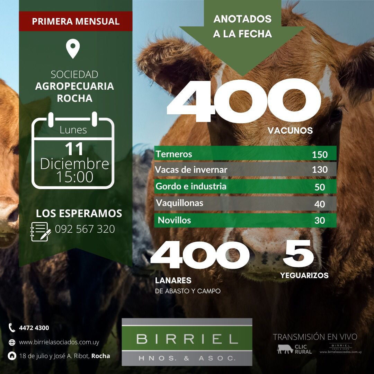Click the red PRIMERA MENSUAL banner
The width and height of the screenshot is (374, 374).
coord(75,21)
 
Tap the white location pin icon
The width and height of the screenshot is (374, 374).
coord(73,49)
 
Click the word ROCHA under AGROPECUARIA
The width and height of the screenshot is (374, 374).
coord(74,98)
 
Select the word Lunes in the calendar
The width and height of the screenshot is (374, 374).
coord(73,130)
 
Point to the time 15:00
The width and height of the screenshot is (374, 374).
coord(74,177)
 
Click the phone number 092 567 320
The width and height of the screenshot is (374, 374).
coord(85,229)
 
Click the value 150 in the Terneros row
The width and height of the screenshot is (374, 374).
coord(319,155)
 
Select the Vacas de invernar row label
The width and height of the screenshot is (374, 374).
coord(191,170)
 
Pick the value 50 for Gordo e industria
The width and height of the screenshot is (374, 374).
coord(320,187)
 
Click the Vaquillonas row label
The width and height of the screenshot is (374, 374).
coord(179,203)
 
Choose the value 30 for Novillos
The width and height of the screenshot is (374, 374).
coord(320,220)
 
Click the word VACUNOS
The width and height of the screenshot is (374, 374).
coord(290,131)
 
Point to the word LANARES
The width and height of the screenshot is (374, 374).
coord(173,280)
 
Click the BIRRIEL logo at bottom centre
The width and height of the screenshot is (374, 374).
coord(187,342)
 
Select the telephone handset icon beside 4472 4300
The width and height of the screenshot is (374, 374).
coord(12,328)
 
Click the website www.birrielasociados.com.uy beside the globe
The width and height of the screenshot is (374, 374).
coord(59,342)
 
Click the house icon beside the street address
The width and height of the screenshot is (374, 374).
coord(12,356)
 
